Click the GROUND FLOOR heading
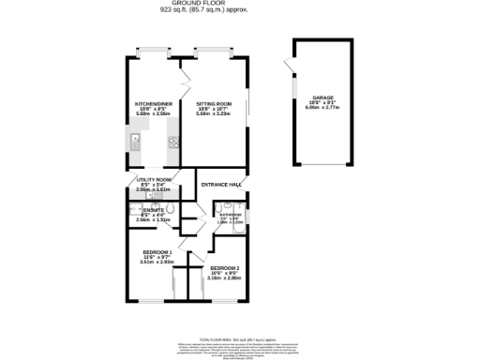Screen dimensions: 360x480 coord(239,4)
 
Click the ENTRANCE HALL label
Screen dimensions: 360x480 coord(221,186)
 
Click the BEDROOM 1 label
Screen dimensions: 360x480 coord(157,252)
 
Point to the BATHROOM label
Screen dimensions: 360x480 coord(230,215)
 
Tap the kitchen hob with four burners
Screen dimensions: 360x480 coord(173,143)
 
